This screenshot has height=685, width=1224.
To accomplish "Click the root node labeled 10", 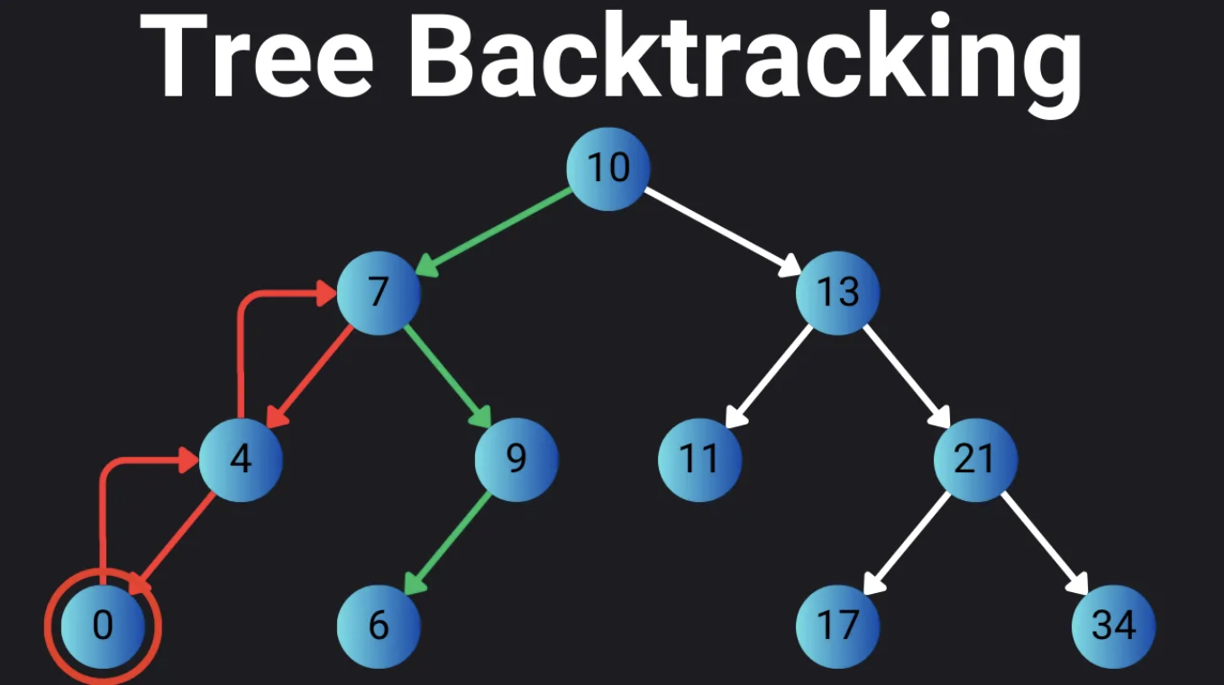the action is [608, 169].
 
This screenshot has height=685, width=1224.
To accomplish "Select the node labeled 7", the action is [379, 293].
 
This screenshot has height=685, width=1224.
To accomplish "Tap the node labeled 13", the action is [837, 293].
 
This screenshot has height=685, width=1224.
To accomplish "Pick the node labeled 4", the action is [241, 460].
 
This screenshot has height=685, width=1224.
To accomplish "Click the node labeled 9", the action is [516, 460].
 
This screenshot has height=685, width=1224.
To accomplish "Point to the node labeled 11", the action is [699, 460].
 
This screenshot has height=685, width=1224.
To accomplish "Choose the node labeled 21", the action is [975, 460].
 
